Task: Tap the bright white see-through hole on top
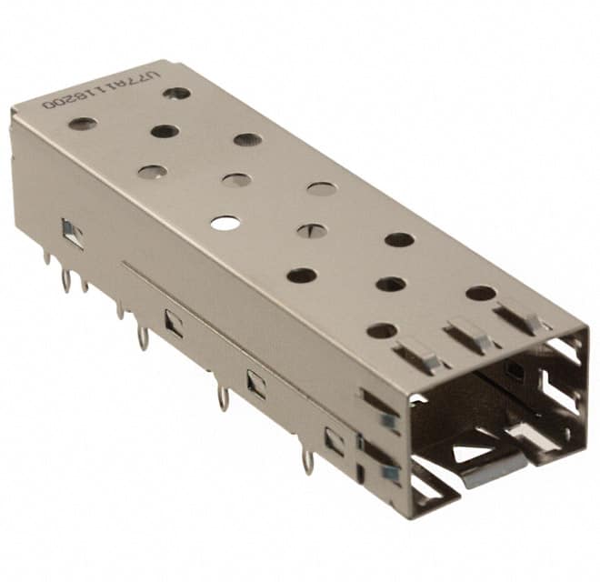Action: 225,222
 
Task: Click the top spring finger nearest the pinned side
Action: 417,355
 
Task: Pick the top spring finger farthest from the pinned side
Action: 521,318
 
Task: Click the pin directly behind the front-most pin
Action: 223,396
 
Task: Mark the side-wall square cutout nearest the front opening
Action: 334,441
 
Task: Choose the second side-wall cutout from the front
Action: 256,384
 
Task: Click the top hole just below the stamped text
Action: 83,123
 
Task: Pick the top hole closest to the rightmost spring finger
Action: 480,293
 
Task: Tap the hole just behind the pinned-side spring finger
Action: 382,330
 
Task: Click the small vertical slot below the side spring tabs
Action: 361,474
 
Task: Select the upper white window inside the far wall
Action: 562,352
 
